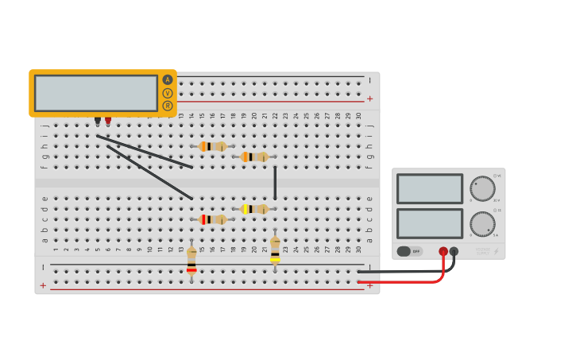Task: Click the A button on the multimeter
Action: point(168,79)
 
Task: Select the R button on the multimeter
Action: point(168,106)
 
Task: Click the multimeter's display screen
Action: point(96,93)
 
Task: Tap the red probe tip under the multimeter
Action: point(108,120)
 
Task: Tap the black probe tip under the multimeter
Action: point(98,120)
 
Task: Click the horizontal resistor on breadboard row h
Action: point(212,146)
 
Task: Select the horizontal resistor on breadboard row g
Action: point(254,157)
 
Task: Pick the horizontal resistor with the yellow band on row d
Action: point(254,209)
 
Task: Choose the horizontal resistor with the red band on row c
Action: point(212,219)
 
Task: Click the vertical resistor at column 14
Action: point(191,259)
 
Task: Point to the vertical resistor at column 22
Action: point(275,250)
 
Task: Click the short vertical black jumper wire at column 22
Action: point(275,183)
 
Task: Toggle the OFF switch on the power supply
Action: point(408,251)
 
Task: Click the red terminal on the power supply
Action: point(443,251)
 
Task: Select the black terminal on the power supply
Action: point(454,251)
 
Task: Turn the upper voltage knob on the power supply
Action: point(482,188)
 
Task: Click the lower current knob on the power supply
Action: point(482,223)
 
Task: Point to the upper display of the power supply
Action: point(430,189)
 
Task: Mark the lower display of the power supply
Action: point(430,223)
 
